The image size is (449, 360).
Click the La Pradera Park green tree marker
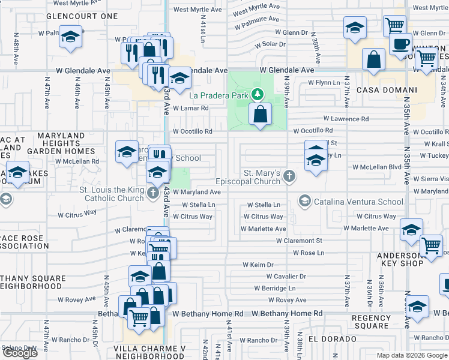(x=258, y=94)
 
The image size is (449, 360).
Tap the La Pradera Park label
(x=219, y=95)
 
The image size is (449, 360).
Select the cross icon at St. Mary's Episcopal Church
(x=289, y=176)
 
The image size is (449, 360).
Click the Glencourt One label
(x=82, y=16)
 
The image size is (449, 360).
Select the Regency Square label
(x=371, y=322)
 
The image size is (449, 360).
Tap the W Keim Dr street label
(x=258, y=265)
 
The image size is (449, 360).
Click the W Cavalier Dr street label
(x=286, y=277)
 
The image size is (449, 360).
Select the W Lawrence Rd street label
(x=346, y=119)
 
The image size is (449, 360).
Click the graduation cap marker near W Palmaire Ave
(x=70, y=36)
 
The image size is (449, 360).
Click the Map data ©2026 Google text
(x=412, y=355)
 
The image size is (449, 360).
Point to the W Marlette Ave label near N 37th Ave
(x=366, y=229)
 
